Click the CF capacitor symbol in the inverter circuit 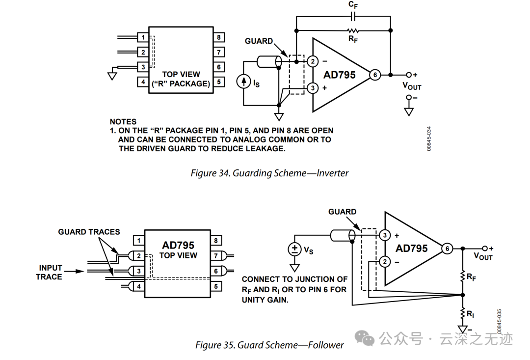pos(352,16)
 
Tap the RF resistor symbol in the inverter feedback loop pos(353,30)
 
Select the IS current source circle pos(243,82)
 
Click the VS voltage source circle pos(295,249)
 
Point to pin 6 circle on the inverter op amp pos(375,75)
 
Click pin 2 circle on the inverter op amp pos(313,61)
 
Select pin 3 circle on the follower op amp pos(385,235)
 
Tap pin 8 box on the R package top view pos(219,37)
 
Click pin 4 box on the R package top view pos(143,82)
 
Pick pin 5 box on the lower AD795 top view pos(216,287)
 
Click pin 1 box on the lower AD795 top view pos(139,241)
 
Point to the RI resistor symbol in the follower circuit pos(463,314)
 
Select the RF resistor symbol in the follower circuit pos(463,277)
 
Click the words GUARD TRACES pos(89,232)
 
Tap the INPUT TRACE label pos(50,273)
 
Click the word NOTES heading pos(123,122)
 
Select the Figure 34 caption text pos(269,173)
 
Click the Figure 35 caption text pos(269,345)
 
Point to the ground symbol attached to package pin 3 pos(112,76)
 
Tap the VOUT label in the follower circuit pos(483,256)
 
